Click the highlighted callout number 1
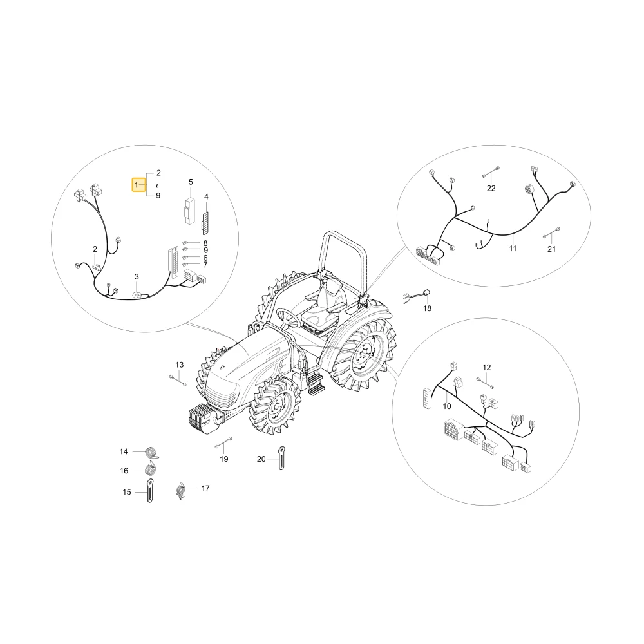137,185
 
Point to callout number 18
427,308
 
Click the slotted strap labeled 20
281,457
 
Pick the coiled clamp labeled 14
153,452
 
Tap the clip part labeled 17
180,491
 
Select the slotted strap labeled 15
150,490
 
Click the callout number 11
513,249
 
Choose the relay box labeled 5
190,211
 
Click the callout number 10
447,406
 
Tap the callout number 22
491,188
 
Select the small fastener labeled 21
551,232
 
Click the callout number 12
487,367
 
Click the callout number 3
137,277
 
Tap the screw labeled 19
223,442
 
